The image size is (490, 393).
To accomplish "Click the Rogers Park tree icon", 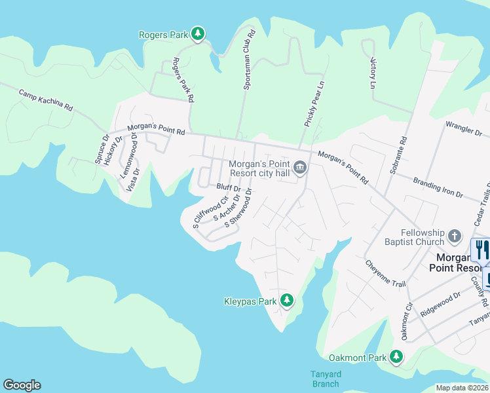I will [x=198, y=33].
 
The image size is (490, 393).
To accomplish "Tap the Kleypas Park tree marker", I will [x=286, y=301].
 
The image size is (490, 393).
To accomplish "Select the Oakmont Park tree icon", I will [x=396, y=357].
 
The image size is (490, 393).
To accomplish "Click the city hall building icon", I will [x=300, y=168].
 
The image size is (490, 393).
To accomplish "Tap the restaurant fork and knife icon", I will [x=481, y=250].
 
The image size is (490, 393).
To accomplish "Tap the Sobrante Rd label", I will [x=401, y=150].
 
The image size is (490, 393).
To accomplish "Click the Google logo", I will [x=22, y=385].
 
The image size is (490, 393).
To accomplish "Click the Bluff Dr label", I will [x=229, y=188].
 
